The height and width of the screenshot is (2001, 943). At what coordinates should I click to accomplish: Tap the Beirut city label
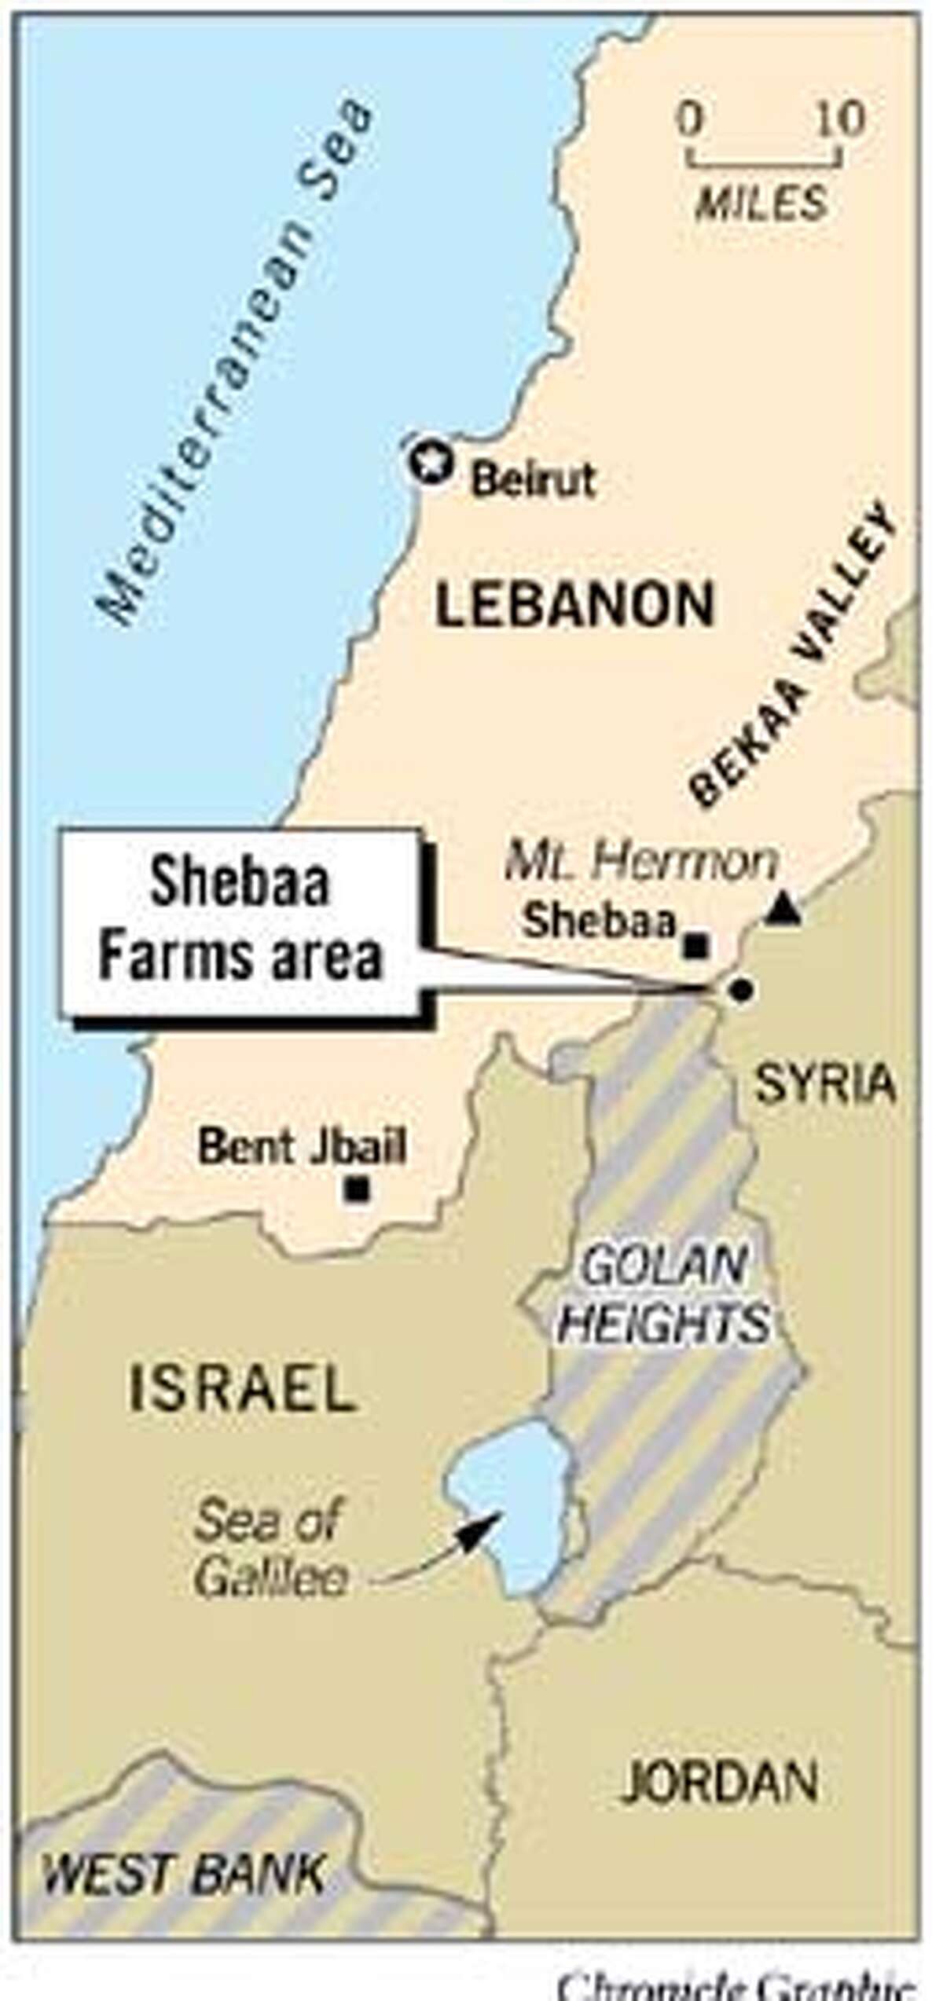click(x=534, y=480)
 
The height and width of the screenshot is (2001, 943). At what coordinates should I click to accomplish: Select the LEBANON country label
click(x=575, y=605)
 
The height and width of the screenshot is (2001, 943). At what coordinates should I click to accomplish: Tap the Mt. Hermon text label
click(x=640, y=863)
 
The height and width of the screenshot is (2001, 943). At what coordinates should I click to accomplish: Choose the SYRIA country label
click(x=825, y=1084)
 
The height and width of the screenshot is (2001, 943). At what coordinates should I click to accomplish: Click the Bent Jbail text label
click(x=303, y=1147)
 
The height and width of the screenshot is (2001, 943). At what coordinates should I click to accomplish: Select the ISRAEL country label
click(x=242, y=1388)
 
